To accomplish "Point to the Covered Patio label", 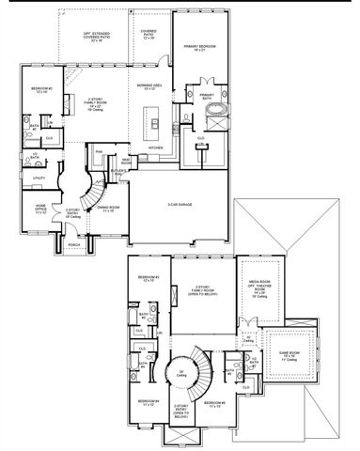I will tap(149, 33).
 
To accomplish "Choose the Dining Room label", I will tap(108, 209).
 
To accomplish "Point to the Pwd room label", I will tap(98, 150).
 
